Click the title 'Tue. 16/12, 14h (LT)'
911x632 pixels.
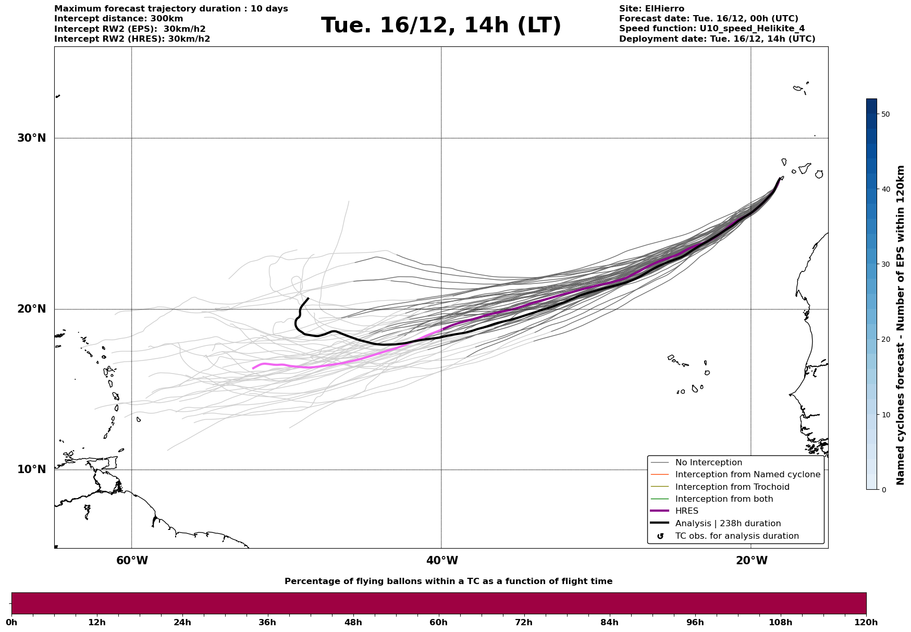tap(441, 26)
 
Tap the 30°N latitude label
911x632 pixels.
tap(32, 138)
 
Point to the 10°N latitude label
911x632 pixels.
tap(32, 469)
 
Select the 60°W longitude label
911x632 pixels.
tap(132, 561)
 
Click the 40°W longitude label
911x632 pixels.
tap(442, 561)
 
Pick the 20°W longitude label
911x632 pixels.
tap(752, 561)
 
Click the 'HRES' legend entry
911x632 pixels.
tap(686, 511)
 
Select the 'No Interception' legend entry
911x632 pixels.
tap(708, 463)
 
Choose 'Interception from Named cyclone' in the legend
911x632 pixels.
tap(747, 475)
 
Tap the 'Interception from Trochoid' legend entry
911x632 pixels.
tap(732, 487)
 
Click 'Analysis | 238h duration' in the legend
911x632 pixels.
tap(728, 524)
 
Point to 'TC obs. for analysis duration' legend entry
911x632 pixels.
tap(736, 536)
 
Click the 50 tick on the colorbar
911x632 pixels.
tap(885, 114)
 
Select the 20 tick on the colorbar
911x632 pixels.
tap(885, 340)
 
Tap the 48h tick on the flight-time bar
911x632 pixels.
tap(353, 622)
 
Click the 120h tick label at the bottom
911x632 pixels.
tap(866, 622)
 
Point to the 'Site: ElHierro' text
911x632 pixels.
tap(651, 9)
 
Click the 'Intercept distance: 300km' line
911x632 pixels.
tap(119, 19)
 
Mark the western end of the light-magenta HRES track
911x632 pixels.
tap(253, 368)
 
